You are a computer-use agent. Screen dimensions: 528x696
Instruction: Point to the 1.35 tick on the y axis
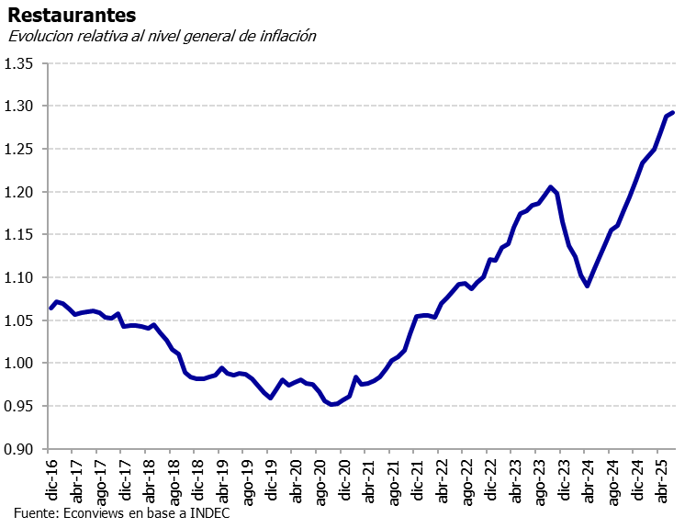click(19, 63)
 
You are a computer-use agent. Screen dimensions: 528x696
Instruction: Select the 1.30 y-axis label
click(19, 107)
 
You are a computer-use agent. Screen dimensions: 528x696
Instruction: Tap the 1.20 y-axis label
click(19, 192)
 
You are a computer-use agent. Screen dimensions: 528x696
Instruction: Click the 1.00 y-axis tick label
click(19, 364)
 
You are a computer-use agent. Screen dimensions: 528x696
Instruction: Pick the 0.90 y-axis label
click(19, 449)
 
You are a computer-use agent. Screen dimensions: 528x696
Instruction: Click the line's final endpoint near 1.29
click(673, 113)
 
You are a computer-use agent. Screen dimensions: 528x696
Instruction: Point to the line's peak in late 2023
click(550, 187)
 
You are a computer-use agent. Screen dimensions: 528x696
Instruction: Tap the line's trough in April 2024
click(587, 286)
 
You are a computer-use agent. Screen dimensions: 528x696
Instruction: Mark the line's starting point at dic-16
click(51, 309)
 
